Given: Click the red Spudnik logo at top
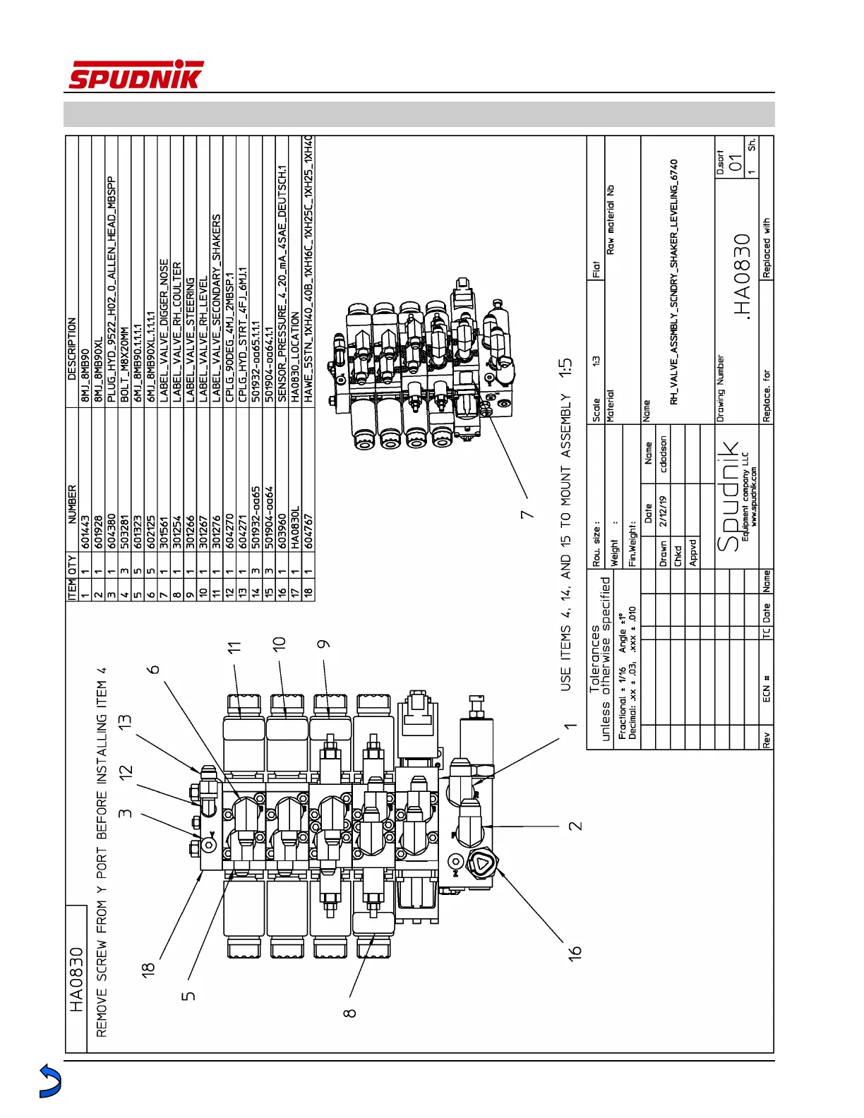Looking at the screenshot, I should click(x=135, y=75).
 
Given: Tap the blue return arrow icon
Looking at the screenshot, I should click(x=50, y=1081).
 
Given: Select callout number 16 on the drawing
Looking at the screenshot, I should click(x=576, y=951).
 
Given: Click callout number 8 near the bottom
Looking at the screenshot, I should click(x=349, y=1011).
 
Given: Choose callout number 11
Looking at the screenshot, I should click(x=234, y=646).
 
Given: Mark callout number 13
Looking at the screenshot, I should click(x=125, y=721).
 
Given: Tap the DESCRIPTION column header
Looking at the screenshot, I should click(x=72, y=349).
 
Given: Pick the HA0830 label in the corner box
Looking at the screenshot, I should click(x=76, y=980).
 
